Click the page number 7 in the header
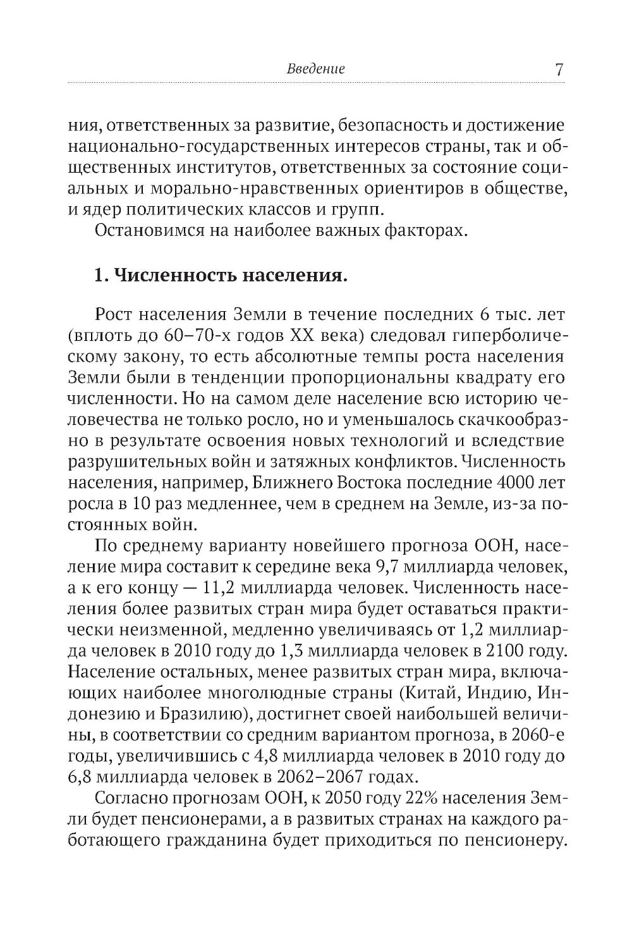point(559,68)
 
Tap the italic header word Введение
point(316,69)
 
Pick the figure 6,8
point(79,775)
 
